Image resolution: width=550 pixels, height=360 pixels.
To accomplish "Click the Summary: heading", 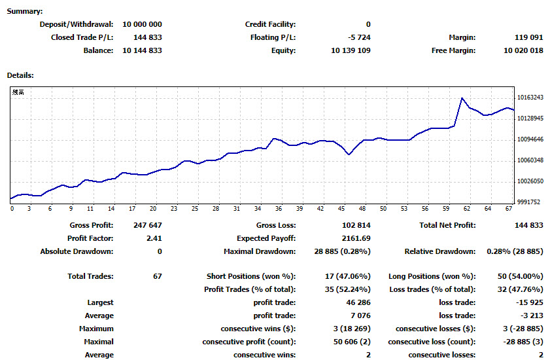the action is pyautogui.click(x=25, y=11).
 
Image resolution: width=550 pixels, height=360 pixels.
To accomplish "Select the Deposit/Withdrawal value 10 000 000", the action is pyautogui.click(x=142, y=24).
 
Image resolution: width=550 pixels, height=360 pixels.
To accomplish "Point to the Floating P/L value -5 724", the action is pyautogui.click(x=359, y=37).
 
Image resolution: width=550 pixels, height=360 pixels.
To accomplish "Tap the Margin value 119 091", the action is pyautogui.click(x=528, y=37).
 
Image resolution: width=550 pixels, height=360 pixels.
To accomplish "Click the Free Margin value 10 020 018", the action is pyautogui.click(x=523, y=50).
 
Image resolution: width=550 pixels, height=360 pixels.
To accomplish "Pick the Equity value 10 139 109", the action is pyautogui.click(x=351, y=50).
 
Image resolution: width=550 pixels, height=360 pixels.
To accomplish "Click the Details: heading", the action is pyautogui.click(x=20, y=75).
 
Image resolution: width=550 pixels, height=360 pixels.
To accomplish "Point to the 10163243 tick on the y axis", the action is pyautogui.click(x=530, y=98).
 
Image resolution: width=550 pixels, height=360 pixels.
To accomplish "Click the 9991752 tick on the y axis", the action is pyautogui.click(x=529, y=202).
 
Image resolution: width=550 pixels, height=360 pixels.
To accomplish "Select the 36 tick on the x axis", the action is pyautogui.click(x=279, y=209).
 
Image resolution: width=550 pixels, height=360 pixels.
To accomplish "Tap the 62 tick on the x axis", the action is pyautogui.click(x=467, y=209).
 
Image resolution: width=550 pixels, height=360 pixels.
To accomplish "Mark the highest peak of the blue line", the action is pyautogui.click(x=462, y=98).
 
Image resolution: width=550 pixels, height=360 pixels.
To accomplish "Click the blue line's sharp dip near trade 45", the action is pyautogui.click(x=349, y=154).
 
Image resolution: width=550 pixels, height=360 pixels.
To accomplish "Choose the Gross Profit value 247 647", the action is pyautogui.click(x=148, y=225).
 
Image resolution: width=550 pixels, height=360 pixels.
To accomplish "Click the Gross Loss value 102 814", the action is pyautogui.click(x=356, y=225).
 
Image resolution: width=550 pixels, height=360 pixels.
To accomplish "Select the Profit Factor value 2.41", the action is pyautogui.click(x=154, y=238).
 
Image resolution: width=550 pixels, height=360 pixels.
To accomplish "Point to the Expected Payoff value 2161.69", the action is pyautogui.click(x=356, y=238).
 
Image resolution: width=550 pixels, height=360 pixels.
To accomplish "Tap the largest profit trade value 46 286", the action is pyautogui.click(x=358, y=302).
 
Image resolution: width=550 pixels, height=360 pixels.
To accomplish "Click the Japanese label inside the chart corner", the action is pyautogui.click(x=18, y=92).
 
